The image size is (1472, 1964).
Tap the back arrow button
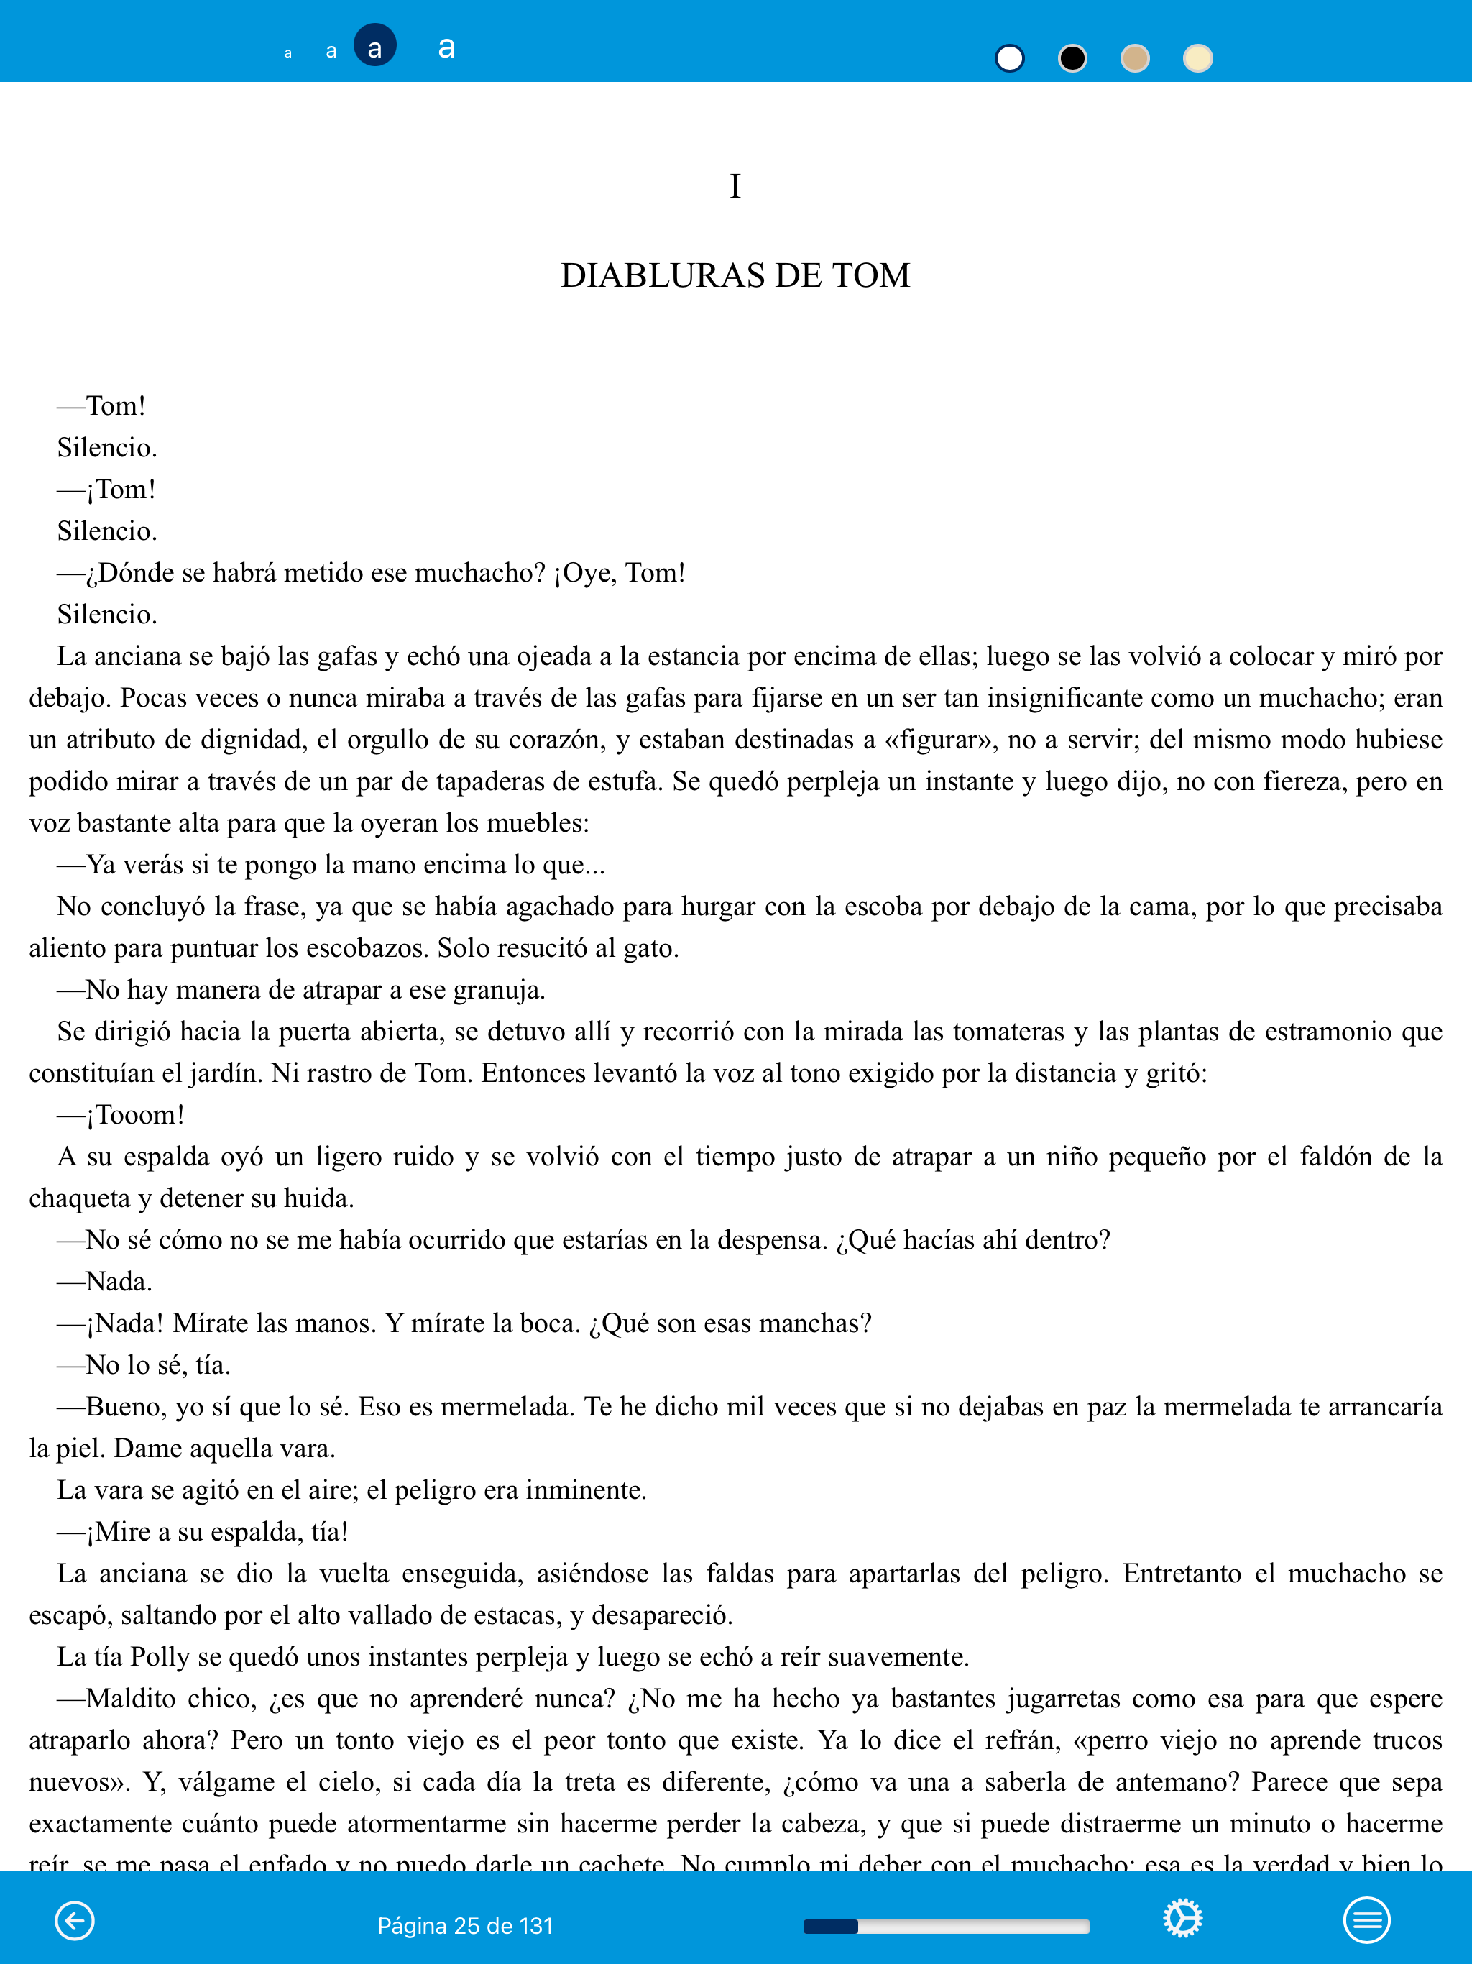75,1920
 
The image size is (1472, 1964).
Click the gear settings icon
1182,1919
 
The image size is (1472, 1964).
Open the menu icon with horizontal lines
1366,1920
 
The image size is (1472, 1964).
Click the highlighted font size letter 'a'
374,46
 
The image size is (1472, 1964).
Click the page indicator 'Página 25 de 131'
465,1926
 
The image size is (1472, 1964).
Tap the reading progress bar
946,1926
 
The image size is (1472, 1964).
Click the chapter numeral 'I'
735,186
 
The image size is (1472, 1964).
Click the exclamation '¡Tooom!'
135,1115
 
